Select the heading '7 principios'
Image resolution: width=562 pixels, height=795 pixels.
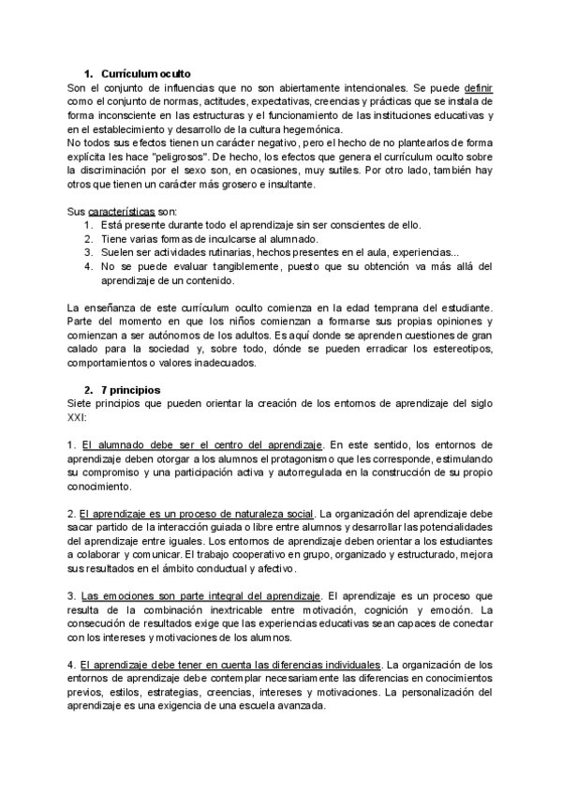tap(131, 363)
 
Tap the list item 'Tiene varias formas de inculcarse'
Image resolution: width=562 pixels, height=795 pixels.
tap(226, 239)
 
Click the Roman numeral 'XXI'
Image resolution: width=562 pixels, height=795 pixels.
tap(79, 391)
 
